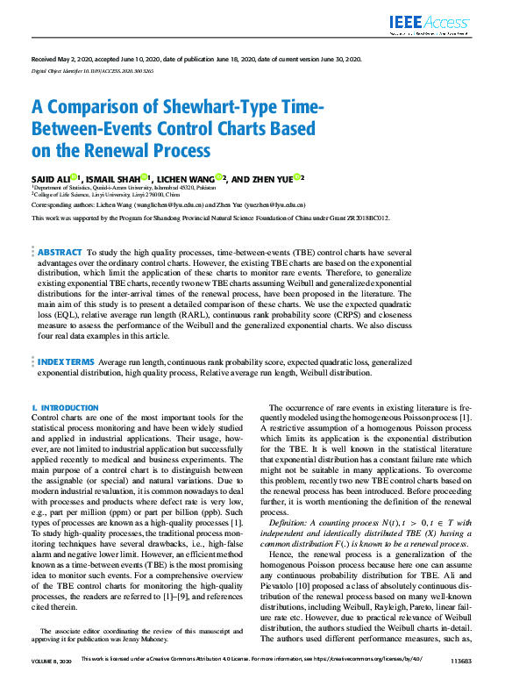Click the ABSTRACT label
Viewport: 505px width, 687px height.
pos(60,252)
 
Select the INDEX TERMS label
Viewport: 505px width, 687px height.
pos(65,361)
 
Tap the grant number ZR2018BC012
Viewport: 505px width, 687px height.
pos(362,217)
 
